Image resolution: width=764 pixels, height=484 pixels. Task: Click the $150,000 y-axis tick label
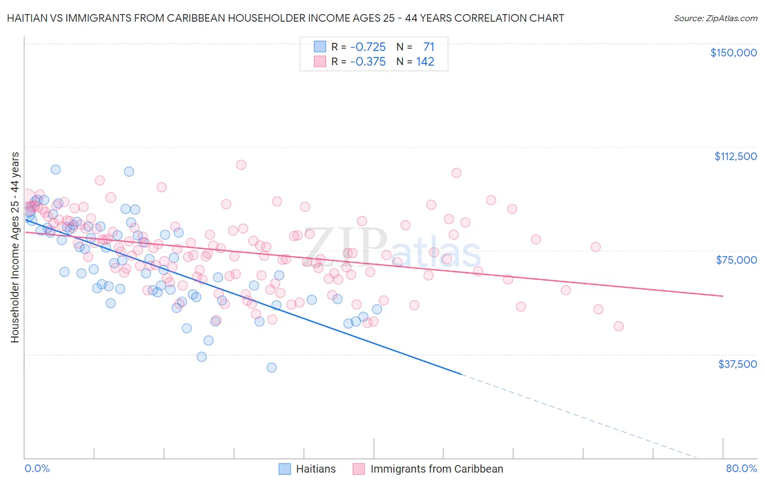pyautogui.click(x=733, y=53)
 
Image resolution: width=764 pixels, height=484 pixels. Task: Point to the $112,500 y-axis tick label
pyautogui.click(x=735, y=156)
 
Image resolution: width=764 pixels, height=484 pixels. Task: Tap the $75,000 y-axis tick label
pyautogui.click(x=736, y=260)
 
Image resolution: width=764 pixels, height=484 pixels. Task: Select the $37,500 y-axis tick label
pyautogui.click(x=737, y=364)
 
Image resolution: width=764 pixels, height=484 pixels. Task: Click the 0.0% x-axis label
pyautogui.click(x=37, y=468)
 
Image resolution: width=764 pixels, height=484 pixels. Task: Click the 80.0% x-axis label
pyautogui.click(x=741, y=468)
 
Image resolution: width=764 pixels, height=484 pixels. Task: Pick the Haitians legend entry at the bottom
pyautogui.click(x=308, y=469)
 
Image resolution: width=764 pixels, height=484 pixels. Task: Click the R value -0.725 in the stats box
pyautogui.click(x=368, y=47)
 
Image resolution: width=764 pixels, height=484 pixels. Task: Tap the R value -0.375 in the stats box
pyautogui.click(x=368, y=62)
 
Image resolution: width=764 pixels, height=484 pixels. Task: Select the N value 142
pyautogui.click(x=425, y=62)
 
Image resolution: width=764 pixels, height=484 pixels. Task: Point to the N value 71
pyautogui.click(x=429, y=47)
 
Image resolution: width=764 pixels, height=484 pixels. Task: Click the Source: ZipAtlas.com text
pyautogui.click(x=715, y=18)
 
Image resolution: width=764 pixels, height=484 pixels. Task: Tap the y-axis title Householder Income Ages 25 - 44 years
pyautogui.click(x=15, y=247)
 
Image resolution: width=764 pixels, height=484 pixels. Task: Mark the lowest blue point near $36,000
pyautogui.click(x=272, y=367)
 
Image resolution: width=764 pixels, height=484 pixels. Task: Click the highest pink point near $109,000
pyautogui.click(x=241, y=164)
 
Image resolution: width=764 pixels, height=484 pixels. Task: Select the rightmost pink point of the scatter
pyautogui.click(x=618, y=326)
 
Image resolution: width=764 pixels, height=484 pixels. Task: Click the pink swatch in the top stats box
pyautogui.click(x=320, y=62)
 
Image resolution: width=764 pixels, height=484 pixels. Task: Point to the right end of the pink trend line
pyautogui.click(x=723, y=296)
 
